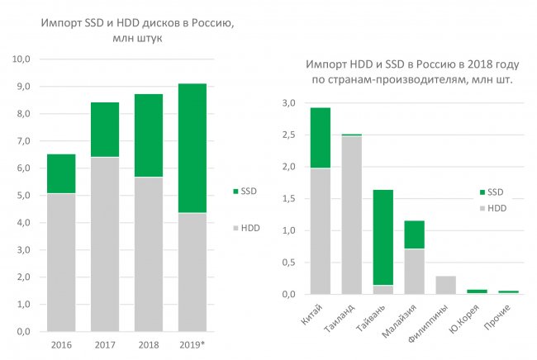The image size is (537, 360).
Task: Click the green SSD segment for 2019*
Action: point(192,149)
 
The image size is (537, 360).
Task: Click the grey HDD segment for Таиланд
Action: point(351,215)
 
